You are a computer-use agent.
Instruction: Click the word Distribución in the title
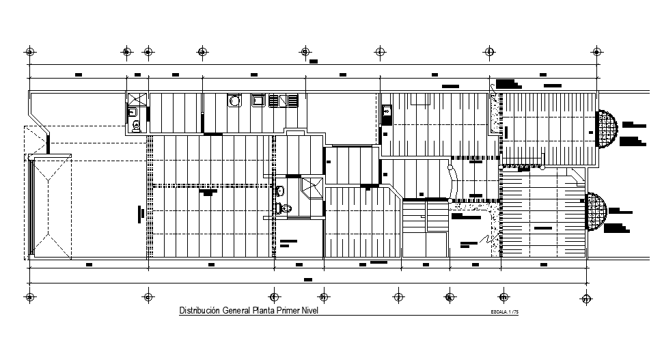[199, 311]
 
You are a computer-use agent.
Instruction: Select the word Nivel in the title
[308, 311]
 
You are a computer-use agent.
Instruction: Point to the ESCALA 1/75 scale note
[505, 313]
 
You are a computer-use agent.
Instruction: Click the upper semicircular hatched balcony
[606, 130]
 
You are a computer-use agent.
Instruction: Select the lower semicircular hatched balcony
[596, 212]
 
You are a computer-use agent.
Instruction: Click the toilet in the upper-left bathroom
[136, 125]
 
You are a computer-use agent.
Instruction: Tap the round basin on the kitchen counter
[234, 101]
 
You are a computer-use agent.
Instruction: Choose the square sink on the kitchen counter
[259, 101]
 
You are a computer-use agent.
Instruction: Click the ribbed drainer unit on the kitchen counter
[284, 101]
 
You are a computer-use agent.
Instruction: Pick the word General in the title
[235, 311]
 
